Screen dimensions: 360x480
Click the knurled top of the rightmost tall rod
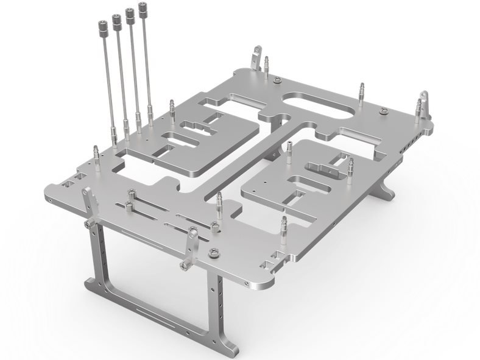point(144,9)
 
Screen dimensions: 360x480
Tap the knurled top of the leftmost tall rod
point(102,26)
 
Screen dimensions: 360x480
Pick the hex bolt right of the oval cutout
point(383,111)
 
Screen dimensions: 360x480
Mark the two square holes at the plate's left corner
point(72,181)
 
